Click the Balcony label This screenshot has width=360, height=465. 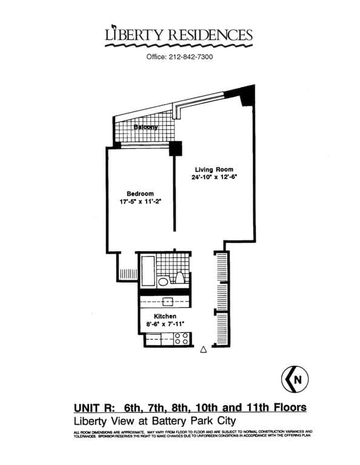146,128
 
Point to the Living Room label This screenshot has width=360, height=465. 213,170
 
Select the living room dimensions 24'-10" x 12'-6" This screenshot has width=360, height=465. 213,178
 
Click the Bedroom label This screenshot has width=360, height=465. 140,194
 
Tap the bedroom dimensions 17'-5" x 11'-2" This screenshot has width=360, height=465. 140,202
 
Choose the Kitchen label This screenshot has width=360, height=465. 165,317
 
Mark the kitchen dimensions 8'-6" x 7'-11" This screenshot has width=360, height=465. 165,325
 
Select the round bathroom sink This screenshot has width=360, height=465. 163,282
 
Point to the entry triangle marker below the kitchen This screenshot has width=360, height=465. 204,349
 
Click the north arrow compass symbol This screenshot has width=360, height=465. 295,379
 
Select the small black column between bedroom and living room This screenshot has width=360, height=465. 175,147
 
